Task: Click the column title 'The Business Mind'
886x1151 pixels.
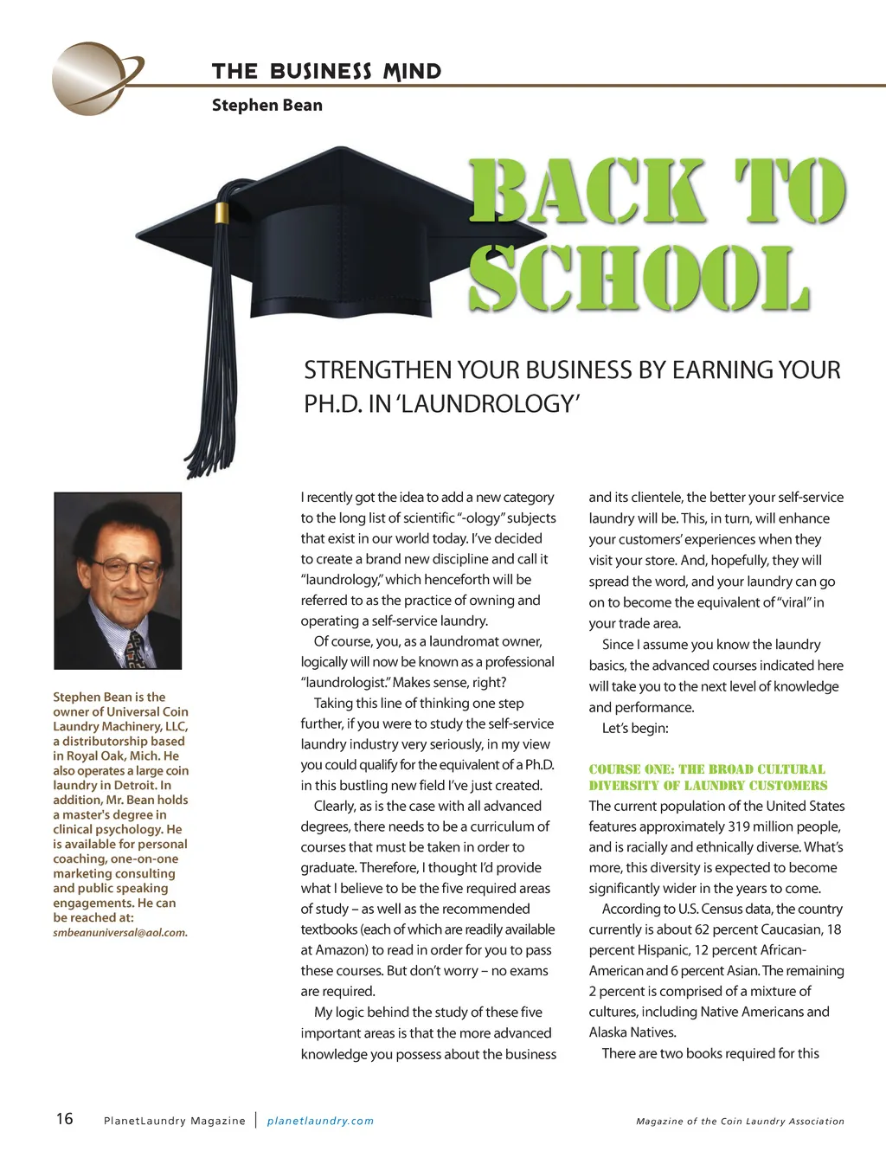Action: pyautogui.click(x=326, y=72)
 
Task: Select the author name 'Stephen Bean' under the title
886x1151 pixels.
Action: pyautogui.click(x=266, y=106)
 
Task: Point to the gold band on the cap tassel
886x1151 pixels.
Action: pyautogui.click(x=222, y=213)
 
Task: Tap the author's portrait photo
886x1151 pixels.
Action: pyautogui.click(x=118, y=581)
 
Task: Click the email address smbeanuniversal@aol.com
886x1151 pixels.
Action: pyautogui.click(x=120, y=933)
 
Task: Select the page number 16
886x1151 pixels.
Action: pyautogui.click(x=65, y=1119)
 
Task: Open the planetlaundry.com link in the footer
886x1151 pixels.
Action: pyautogui.click(x=320, y=1121)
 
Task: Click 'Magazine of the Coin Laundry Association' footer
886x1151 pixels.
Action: pyautogui.click(x=740, y=1122)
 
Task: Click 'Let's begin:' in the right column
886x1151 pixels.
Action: pyautogui.click(x=635, y=729)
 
